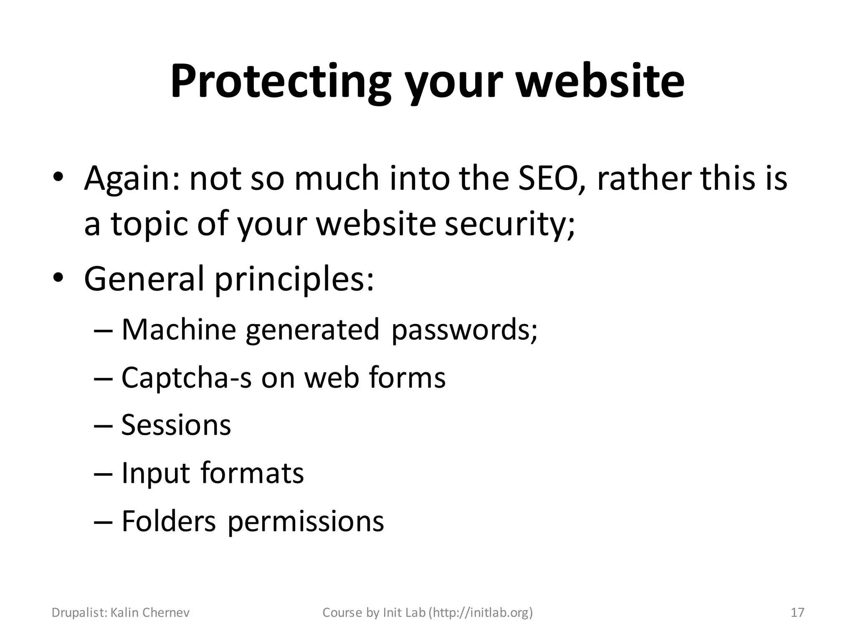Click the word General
(x=144, y=278)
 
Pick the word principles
(x=294, y=279)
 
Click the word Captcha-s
(x=187, y=378)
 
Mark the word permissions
(x=306, y=522)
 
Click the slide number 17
(x=797, y=613)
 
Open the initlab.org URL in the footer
(x=482, y=613)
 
